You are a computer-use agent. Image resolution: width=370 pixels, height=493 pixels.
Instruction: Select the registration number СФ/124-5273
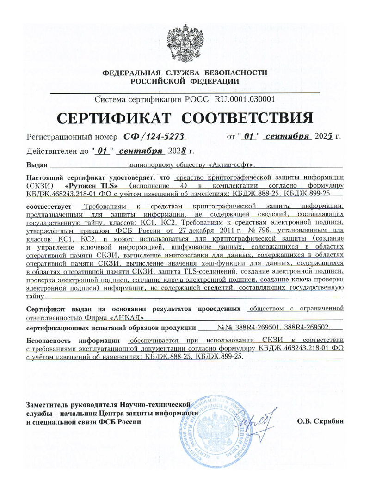coord(152,137)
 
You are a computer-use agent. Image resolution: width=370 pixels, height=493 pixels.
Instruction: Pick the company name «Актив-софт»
coord(230,164)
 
